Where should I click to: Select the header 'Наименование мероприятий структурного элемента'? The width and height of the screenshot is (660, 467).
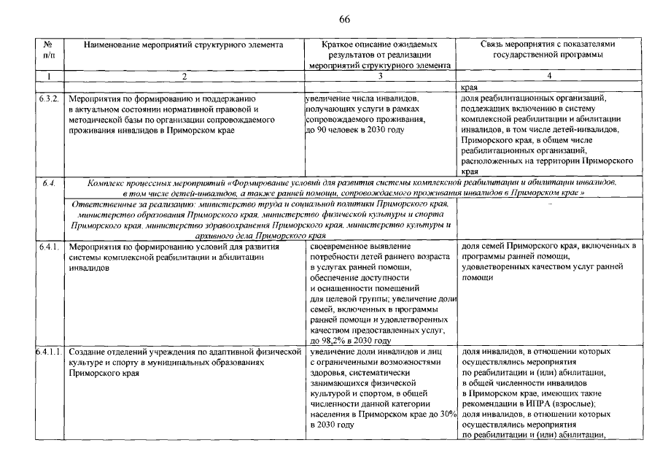(x=183, y=45)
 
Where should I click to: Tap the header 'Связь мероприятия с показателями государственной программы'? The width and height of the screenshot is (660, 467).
(x=548, y=49)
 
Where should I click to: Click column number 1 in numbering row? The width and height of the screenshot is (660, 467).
(x=48, y=76)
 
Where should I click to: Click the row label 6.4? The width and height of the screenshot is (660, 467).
(x=49, y=181)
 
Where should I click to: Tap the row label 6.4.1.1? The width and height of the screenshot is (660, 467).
(x=50, y=352)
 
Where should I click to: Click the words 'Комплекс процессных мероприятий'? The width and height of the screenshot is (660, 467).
(x=155, y=181)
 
